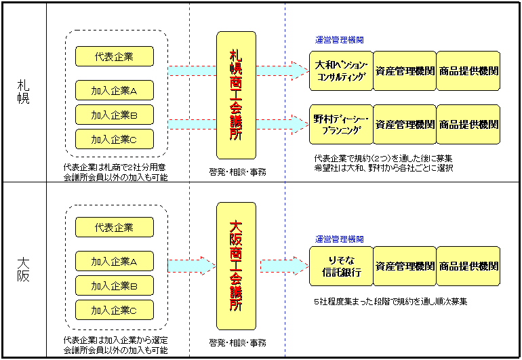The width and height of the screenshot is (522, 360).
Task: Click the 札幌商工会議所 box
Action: pyautogui.click(x=236, y=95)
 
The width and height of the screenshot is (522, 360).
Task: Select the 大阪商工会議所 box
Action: pyautogui.click(x=236, y=266)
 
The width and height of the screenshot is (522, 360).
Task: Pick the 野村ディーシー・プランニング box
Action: pyautogui.click(x=341, y=125)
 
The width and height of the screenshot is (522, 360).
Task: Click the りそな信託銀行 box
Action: pyautogui.click(x=341, y=266)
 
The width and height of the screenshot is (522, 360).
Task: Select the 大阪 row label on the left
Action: pyautogui.click(x=23, y=268)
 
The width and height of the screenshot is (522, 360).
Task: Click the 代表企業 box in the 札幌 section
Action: pyautogui.click(x=114, y=56)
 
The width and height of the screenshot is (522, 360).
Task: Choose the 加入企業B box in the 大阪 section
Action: pyautogui.click(x=114, y=286)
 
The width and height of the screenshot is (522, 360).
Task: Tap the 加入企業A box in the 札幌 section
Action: pyautogui.click(x=114, y=90)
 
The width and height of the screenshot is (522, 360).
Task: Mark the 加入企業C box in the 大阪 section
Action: pyautogui.click(x=114, y=311)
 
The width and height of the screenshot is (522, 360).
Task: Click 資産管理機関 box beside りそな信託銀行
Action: pyautogui.click(x=405, y=266)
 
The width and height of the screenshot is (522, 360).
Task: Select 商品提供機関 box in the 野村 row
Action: pyautogui.click(x=468, y=125)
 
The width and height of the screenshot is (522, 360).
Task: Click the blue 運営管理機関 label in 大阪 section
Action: pyautogui.click(x=339, y=239)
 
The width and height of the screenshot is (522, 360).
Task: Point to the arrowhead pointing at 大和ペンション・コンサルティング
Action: pyautogui.click(x=300, y=70)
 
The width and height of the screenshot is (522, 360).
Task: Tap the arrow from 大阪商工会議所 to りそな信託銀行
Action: pyautogui.click(x=283, y=266)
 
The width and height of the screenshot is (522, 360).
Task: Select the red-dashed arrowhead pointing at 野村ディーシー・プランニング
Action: pyautogui.click(x=300, y=124)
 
